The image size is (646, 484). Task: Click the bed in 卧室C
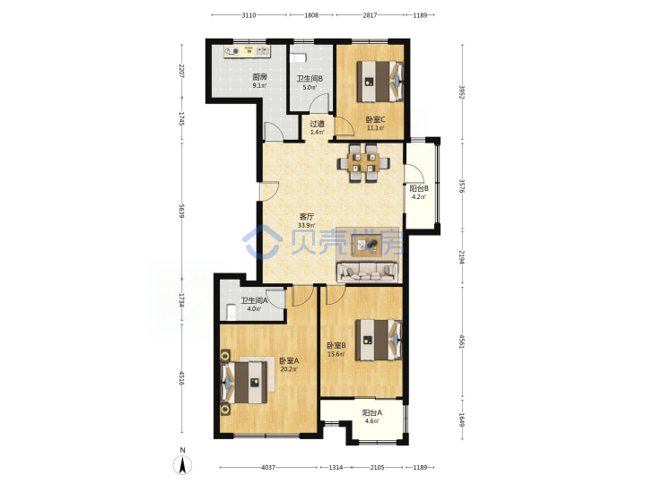point(380,81)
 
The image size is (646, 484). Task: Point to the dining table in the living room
point(363,162)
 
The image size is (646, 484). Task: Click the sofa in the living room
point(368,272)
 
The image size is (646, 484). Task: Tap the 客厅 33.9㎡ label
point(307,220)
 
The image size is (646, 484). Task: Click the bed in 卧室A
point(244,382)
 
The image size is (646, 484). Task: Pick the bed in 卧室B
point(379,340)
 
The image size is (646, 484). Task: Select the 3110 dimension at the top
point(249,15)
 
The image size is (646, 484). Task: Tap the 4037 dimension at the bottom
point(268,467)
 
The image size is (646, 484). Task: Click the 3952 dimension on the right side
point(462,92)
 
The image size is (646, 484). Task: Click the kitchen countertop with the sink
point(247,51)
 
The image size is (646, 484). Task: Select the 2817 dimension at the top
point(370,15)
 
